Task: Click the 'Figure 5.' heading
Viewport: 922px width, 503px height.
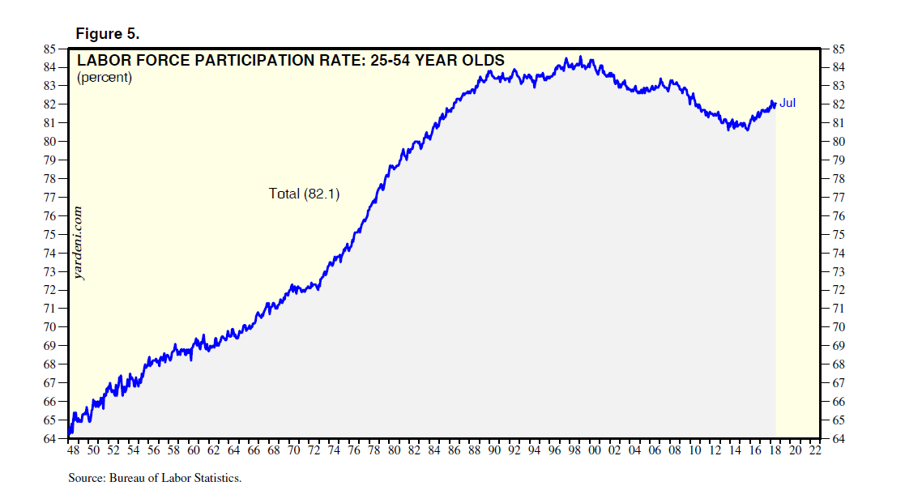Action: point(108,34)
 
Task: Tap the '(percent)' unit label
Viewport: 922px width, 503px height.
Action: point(104,78)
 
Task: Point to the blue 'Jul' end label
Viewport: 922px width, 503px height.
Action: point(788,103)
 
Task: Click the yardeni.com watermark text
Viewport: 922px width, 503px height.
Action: point(79,243)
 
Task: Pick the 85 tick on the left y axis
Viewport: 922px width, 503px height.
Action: point(50,49)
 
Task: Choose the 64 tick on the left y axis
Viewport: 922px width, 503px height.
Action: point(50,439)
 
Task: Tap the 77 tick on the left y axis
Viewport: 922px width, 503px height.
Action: point(50,197)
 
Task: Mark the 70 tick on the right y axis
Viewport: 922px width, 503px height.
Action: point(833,327)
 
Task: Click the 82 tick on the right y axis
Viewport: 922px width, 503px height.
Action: point(833,104)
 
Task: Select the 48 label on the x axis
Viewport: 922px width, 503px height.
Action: point(73,451)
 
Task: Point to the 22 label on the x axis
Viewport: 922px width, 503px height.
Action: point(815,451)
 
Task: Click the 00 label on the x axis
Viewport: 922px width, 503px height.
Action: point(594,451)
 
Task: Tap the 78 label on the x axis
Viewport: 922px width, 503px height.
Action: point(373,451)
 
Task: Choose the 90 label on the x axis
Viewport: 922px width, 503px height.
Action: point(493,451)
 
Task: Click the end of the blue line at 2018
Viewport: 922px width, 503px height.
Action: point(775,104)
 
